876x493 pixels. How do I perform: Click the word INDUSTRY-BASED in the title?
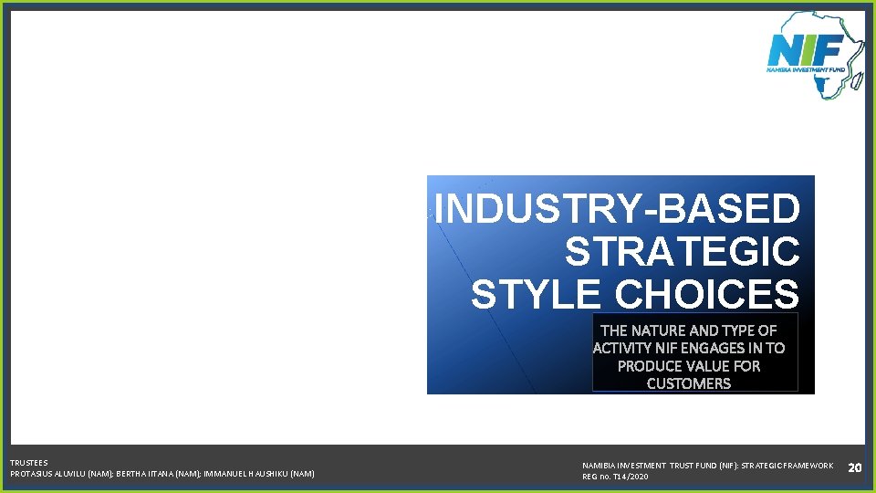pos(618,209)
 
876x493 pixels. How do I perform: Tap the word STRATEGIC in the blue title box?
pos(682,252)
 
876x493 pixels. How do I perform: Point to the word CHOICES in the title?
pos(706,295)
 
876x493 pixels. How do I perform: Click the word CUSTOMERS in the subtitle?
pos(689,383)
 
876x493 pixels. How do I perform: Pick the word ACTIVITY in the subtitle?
pos(623,348)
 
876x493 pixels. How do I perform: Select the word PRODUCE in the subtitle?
pos(649,366)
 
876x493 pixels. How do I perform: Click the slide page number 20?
pos(855,467)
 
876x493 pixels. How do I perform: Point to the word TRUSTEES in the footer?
pos(29,463)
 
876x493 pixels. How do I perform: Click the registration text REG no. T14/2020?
pos(615,477)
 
